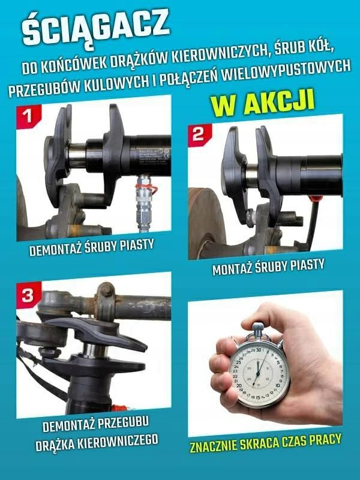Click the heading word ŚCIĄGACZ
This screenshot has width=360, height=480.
point(95,28)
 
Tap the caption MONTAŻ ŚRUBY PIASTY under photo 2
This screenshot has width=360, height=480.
point(268,267)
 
